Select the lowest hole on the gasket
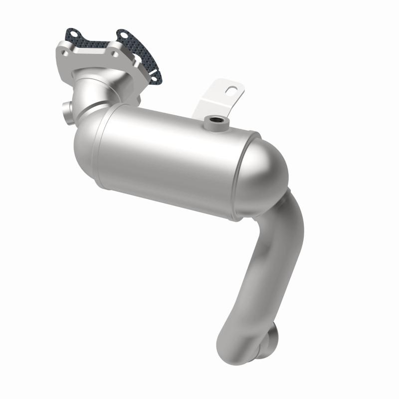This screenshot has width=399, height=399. tap(156, 75)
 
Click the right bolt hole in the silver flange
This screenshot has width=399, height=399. tap(115, 51)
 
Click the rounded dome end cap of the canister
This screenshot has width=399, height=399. tap(264, 175)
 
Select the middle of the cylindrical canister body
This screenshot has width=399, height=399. tap(170, 155)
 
